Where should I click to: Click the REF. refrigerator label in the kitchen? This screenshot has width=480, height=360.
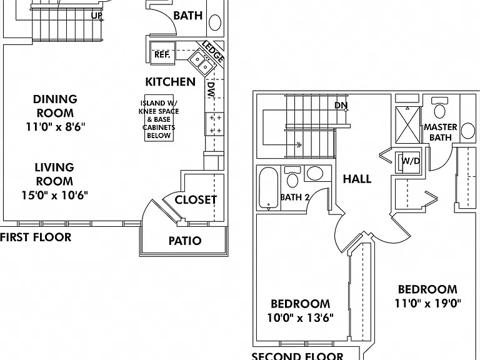pos(162,54)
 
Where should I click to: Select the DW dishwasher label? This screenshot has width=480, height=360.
pos(211,89)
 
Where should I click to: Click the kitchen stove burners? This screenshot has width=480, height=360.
pos(215,124)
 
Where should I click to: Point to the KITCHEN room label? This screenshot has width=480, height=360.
pos(170,82)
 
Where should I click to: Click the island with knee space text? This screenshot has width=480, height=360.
pos(159,119)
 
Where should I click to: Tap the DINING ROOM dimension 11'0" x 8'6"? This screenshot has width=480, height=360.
pos(56,127)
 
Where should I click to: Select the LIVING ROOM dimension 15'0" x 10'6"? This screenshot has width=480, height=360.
pos(54,195)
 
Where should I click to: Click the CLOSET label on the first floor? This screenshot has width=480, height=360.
pos(196,200)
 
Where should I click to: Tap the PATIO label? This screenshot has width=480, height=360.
pos(185,241)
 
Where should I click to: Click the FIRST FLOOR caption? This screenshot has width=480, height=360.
pos(36,237)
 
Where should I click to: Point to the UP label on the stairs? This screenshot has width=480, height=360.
pos(96,16)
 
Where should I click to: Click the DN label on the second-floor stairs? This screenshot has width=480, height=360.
pos(341,105)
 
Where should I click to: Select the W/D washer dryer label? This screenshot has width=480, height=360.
pos(410,161)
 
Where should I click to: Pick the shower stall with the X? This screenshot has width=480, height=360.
pos(407,124)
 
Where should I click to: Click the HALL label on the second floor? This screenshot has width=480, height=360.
pos(357,179)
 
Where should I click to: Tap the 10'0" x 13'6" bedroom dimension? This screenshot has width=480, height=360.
pos(300,317)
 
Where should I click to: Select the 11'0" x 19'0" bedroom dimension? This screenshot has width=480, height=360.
pos(427,303)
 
